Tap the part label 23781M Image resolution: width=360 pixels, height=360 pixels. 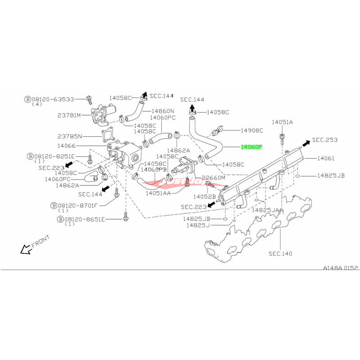68,115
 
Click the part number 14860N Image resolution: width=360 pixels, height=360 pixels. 163,111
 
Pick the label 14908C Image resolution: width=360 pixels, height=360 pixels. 252,130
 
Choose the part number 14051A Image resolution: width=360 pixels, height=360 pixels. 282,122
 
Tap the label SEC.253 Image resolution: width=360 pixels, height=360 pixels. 325,140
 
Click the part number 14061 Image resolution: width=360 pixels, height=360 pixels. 326,158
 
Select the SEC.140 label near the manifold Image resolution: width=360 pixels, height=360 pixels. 280,254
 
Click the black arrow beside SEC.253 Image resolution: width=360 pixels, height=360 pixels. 305,144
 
